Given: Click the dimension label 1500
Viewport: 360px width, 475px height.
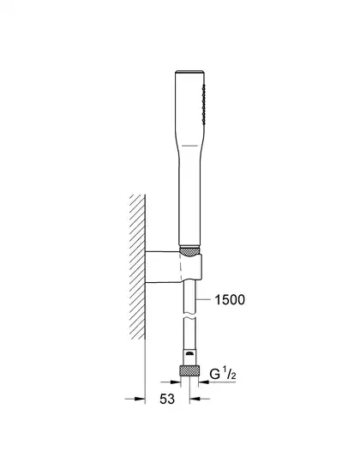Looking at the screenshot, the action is (x=230, y=300).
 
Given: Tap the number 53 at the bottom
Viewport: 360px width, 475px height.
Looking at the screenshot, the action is (x=167, y=399).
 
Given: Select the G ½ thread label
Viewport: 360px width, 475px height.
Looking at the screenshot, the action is (x=223, y=374).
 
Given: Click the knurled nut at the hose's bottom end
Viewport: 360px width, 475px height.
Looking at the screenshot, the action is (x=189, y=370).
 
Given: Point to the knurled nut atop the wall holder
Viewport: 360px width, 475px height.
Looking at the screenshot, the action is (x=189, y=252).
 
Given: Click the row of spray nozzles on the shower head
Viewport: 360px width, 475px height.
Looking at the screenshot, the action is (x=203, y=105).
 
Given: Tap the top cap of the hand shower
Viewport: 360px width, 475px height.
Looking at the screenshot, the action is (x=190, y=72).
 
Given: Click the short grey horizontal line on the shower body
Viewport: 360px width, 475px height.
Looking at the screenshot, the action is (x=189, y=146).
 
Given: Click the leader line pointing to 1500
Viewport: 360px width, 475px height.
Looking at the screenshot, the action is (x=203, y=299).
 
